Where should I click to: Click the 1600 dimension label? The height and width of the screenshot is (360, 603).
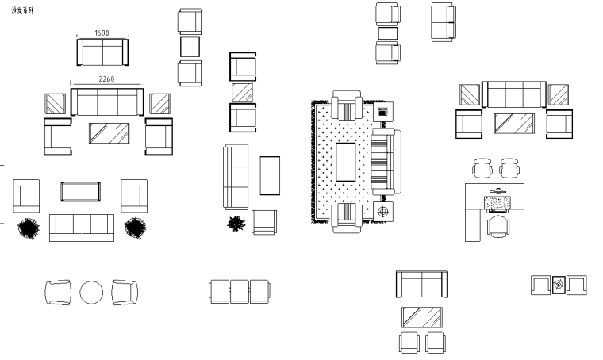tap(102, 33)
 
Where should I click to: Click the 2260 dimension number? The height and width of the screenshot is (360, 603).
tap(107, 79)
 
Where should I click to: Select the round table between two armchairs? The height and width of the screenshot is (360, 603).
tap(91, 293)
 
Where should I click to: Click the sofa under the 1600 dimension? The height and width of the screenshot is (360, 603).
tap(102, 53)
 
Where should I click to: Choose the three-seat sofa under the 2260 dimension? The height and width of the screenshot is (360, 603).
tap(107, 102)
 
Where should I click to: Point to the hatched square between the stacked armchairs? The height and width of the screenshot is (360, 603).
tap(242, 92)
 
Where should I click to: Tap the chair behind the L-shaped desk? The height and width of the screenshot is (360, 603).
tap(498, 228)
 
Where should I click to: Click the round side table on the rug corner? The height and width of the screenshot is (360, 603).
tap(384, 212)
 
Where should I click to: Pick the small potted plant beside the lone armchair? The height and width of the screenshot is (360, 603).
tap(236, 224)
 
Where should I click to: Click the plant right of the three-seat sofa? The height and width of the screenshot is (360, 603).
tap(136, 228)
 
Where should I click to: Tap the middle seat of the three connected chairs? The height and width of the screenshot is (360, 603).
tap(240, 291)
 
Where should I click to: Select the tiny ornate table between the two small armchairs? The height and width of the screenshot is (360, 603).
tap(559, 285)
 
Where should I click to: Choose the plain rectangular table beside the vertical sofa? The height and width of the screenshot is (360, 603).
tap(270, 175)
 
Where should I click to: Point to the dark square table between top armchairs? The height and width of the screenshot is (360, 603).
tap(387, 34)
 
